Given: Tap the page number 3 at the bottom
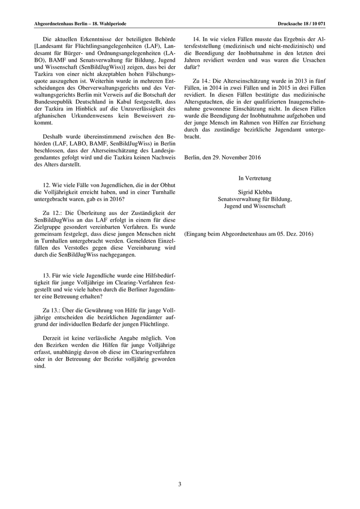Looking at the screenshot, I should (179, 484).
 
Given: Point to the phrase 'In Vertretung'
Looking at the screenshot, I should (255, 178).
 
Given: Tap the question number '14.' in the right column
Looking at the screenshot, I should (196, 40).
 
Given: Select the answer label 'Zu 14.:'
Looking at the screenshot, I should (202, 81).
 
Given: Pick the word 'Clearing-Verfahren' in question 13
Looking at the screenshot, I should (120, 284).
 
